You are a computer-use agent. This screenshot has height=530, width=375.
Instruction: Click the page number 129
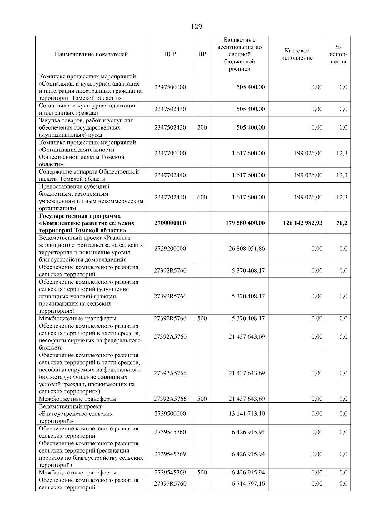pyautogui.click(x=196, y=27)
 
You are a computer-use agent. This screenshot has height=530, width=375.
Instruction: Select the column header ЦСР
pyautogui.click(x=170, y=54)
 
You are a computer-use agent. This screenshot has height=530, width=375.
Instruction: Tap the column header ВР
pyautogui.click(x=202, y=54)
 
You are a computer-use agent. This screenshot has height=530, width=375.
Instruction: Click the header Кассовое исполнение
pyautogui.click(x=297, y=54)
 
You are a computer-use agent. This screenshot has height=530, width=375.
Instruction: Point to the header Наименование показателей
pyautogui.click(x=91, y=54)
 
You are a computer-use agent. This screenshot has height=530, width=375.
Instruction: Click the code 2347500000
pyautogui.click(x=170, y=87)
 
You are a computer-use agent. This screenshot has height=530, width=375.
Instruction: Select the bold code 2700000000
pyautogui.click(x=170, y=223)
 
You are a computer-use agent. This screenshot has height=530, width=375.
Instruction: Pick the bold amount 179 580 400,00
pyautogui.click(x=245, y=223)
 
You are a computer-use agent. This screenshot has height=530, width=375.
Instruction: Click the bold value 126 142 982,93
pyautogui.click(x=302, y=223)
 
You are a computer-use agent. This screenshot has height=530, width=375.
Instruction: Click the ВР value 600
pyautogui.click(x=202, y=197)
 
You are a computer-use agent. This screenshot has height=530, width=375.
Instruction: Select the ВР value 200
pyautogui.click(x=202, y=127)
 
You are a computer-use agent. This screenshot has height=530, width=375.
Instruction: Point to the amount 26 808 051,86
pyautogui.click(x=247, y=249)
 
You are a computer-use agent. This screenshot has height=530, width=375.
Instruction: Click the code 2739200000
pyautogui.click(x=170, y=249)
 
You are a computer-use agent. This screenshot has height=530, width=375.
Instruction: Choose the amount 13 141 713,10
pyautogui.click(x=247, y=414)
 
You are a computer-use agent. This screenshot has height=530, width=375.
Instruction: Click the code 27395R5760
pyautogui.click(x=170, y=484)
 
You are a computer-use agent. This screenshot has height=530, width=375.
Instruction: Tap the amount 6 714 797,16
pyautogui.click(x=248, y=484)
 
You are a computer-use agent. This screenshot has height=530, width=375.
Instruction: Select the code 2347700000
pyautogui.click(x=170, y=153)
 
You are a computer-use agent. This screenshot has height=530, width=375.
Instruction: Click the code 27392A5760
pyautogui.click(x=170, y=337)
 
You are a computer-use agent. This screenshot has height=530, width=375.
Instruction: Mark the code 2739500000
pyautogui.click(x=170, y=414)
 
